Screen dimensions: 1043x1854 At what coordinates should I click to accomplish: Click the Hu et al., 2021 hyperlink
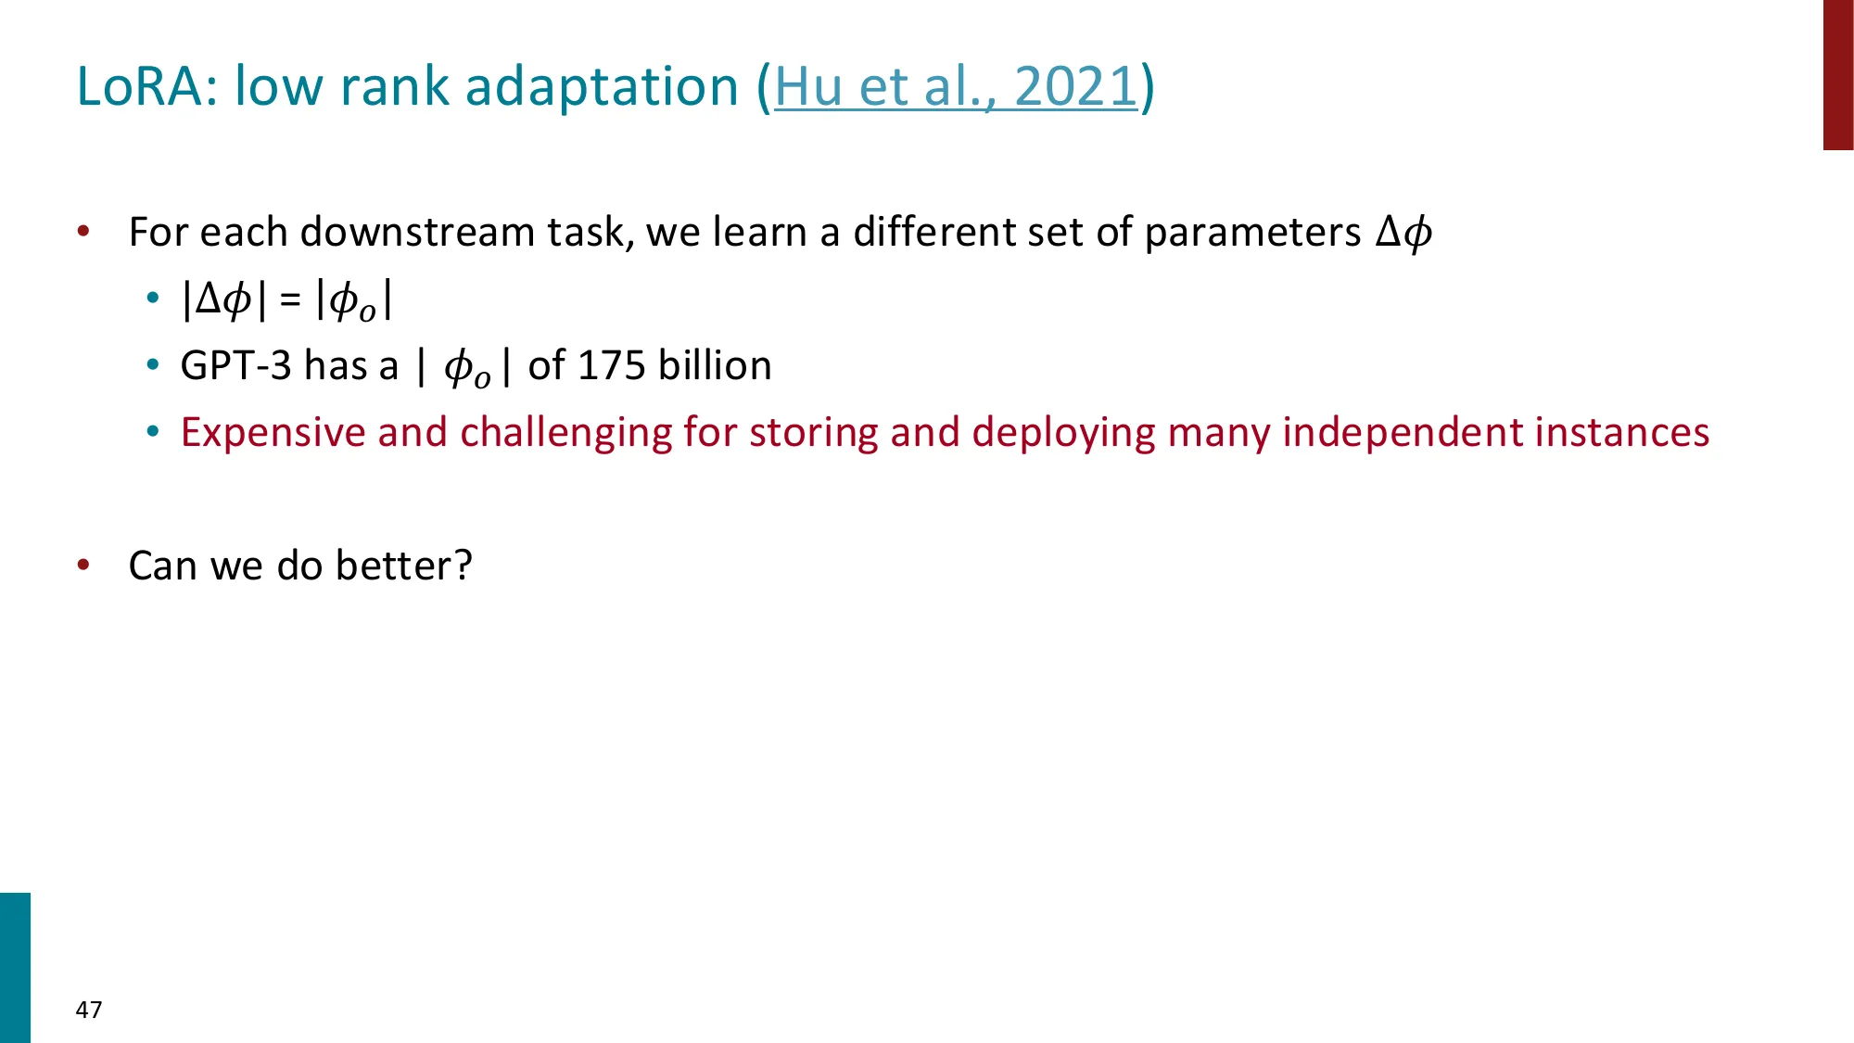[955, 87]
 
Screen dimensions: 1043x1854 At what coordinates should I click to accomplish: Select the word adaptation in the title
[602, 87]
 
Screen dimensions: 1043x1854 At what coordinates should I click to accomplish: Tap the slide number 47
[89, 1010]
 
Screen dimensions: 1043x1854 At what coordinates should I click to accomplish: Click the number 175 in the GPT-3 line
[611, 365]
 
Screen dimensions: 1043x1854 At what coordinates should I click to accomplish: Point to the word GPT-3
[235, 365]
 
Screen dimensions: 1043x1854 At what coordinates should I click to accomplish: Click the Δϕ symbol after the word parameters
[1403, 232]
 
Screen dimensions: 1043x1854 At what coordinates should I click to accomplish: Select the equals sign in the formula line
[290, 299]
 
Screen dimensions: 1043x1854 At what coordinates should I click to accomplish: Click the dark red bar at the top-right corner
[1837, 74]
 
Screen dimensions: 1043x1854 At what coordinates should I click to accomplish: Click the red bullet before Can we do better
[83, 565]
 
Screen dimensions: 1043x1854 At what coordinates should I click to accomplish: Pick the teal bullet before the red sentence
[153, 432]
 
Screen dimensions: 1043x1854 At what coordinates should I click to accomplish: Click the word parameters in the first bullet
[1252, 232]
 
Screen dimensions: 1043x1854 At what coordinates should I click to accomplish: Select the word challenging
[565, 433]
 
